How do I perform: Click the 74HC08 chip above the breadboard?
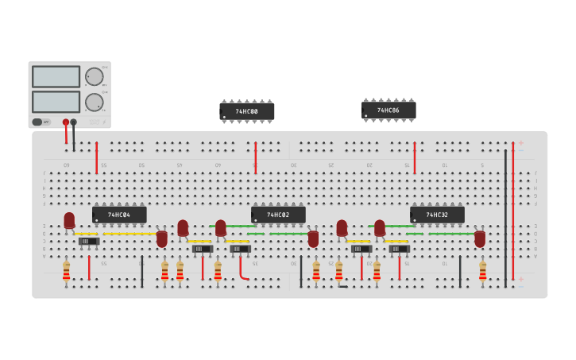tap(247, 112)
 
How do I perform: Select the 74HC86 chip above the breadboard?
tap(389, 110)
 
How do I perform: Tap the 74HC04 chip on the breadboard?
tap(119, 215)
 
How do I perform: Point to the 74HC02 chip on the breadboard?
tap(278, 215)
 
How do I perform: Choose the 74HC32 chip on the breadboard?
tap(437, 215)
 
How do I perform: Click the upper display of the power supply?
tap(56, 76)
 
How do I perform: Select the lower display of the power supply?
tap(56, 102)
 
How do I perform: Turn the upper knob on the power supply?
tap(94, 76)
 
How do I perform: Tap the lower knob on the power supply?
tap(94, 102)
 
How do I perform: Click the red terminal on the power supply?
tap(66, 122)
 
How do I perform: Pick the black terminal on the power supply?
tap(74, 122)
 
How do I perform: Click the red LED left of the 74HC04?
tap(69, 220)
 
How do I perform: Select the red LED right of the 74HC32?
tap(480, 238)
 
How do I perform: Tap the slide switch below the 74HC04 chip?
tap(88, 241)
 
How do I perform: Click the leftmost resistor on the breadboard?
tap(67, 272)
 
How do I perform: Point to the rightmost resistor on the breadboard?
tap(482, 272)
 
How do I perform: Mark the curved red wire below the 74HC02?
tap(242, 270)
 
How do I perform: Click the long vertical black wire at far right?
tap(505, 219)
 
